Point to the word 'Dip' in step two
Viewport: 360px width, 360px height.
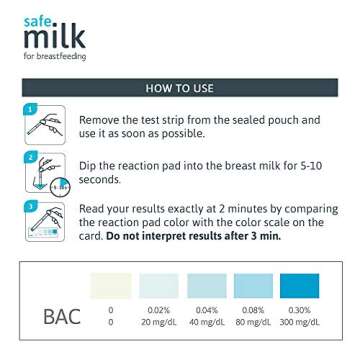click(89, 165)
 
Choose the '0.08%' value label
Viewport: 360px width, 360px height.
click(254, 310)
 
